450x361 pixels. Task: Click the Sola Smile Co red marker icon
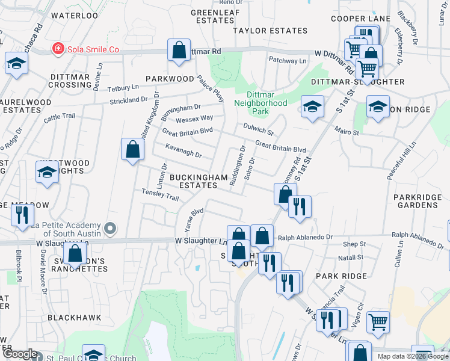[58, 49]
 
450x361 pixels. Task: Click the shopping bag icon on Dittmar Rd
[179, 51]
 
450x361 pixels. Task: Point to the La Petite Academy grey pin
[109, 228]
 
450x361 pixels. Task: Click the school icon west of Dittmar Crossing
[16, 63]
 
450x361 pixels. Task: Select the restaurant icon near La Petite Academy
[22, 215]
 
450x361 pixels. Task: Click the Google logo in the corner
[20, 354]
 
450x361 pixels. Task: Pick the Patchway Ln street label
[287, 61]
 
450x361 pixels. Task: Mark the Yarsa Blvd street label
[193, 220]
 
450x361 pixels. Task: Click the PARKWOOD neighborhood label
[168, 79]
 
